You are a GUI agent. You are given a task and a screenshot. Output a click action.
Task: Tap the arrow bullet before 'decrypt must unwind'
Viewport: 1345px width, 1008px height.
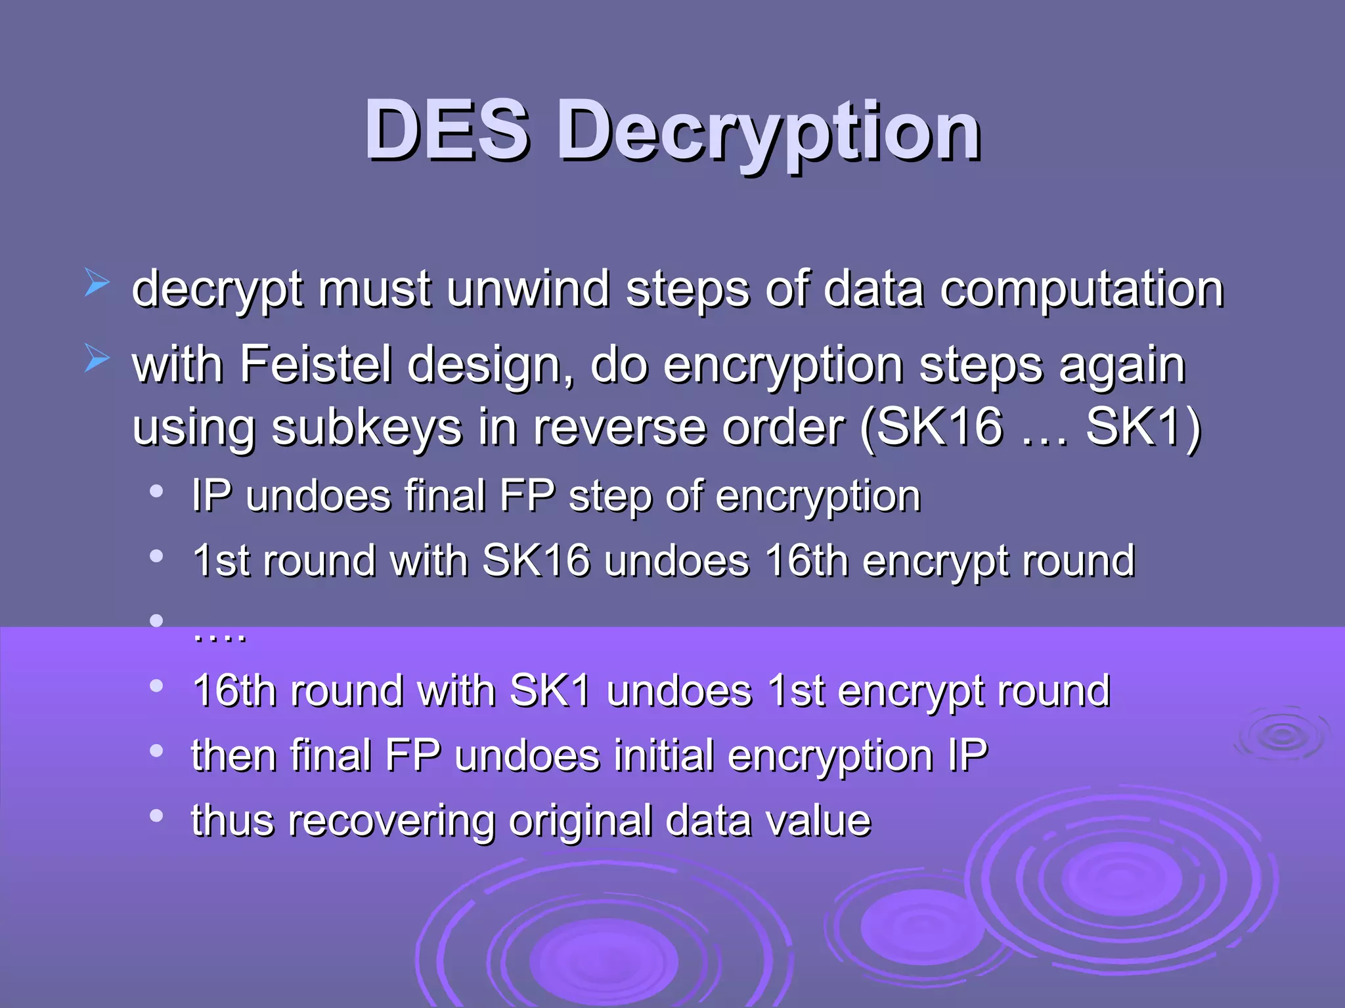pos(97,283)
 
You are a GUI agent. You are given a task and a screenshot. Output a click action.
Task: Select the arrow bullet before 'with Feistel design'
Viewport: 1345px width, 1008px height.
pos(97,359)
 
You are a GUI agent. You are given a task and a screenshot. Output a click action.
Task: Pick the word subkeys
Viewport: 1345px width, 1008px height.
pos(366,427)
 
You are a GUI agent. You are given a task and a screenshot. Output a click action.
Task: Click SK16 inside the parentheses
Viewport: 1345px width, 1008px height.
pos(940,427)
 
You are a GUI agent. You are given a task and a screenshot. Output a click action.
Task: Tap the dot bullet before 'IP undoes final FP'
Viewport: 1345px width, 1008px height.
pos(156,492)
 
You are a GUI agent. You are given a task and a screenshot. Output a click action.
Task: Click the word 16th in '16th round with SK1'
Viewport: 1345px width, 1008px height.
pos(232,691)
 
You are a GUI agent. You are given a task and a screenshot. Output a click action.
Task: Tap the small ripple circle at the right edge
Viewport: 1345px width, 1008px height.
pos(1281,736)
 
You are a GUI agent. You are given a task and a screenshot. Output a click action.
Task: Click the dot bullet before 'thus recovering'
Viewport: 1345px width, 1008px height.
pos(156,816)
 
